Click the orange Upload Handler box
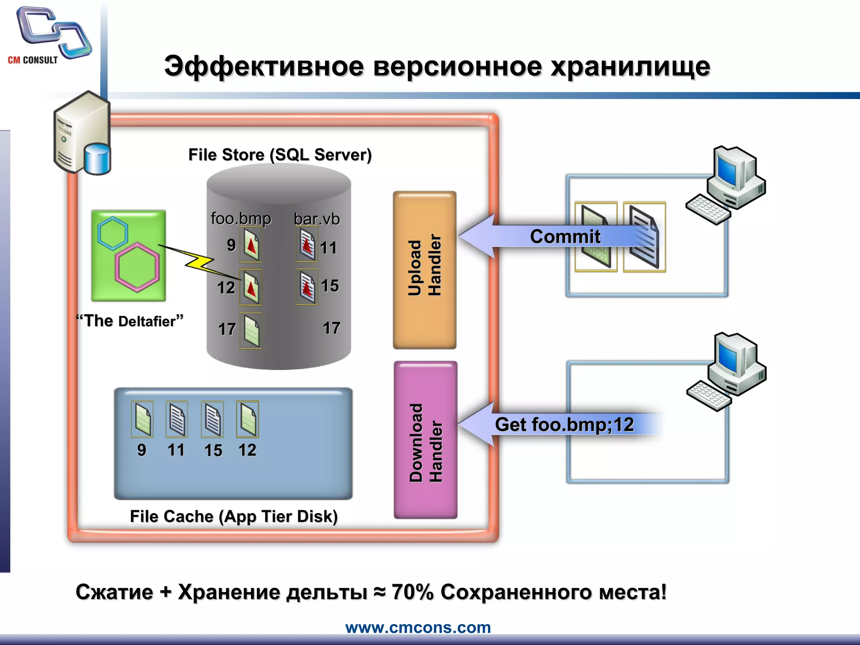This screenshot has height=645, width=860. click(425, 270)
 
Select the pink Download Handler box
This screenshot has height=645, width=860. click(425, 440)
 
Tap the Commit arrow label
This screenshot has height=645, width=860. click(565, 236)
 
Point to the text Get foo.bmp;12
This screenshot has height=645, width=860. click(564, 425)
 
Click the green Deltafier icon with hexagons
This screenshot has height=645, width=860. click(128, 256)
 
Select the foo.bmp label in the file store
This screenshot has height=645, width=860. click(241, 218)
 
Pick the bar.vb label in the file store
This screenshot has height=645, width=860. click(317, 219)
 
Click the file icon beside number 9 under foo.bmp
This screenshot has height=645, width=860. click(251, 245)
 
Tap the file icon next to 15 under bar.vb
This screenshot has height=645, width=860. click(307, 287)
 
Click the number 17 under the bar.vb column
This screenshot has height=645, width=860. click(331, 328)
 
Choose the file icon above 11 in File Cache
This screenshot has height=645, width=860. click(176, 419)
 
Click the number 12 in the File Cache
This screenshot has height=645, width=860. click(247, 450)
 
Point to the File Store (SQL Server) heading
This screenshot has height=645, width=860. click(280, 155)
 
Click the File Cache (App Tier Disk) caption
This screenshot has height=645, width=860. click(233, 516)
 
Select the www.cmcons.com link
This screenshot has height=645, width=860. click(418, 627)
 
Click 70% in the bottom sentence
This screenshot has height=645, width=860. click(412, 592)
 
